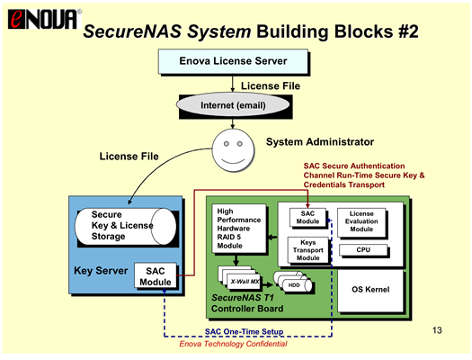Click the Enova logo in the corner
tap(44, 19)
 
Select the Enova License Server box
tap(233, 61)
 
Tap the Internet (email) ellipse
tap(233, 105)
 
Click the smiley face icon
tap(233, 150)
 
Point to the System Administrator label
tap(320, 141)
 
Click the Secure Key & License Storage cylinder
tap(125, 226)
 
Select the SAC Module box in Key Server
tap(155, 276)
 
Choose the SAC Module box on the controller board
tap(307, 217)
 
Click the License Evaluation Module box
tap(361, 221)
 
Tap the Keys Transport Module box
tap(308, 250)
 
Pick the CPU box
tap(363, 249)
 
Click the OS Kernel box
tap(370, 290)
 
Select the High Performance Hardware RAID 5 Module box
tap(239, 229)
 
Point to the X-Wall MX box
tap(244, 282)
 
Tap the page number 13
tap(437, 330)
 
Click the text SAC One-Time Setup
tap(245, 331)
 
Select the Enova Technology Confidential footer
tap(233, 344)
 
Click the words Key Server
tap(101, 271)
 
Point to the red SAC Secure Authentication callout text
tap(364, 175)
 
